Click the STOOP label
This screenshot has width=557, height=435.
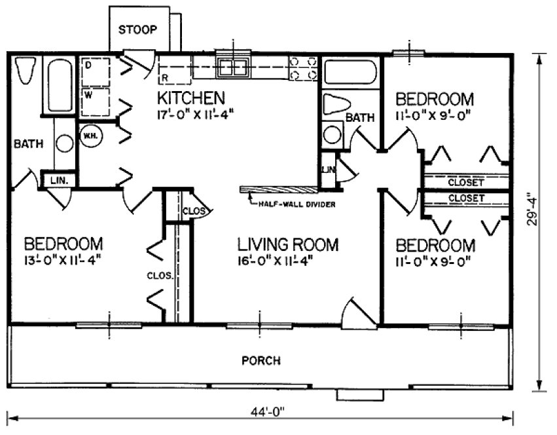pos(137,29)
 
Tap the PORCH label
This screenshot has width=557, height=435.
pos(261,360)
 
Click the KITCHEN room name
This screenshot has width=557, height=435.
pos(191,98)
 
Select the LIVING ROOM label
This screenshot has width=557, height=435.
pos(288,245)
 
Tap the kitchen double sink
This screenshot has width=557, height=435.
pos(234,66)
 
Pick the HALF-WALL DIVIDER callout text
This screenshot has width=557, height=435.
pos(298,204)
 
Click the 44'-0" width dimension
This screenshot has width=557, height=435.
pos(261,413)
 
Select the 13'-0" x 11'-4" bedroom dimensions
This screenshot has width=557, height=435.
pos(63,259)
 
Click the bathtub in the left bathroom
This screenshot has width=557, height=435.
pos(60,85)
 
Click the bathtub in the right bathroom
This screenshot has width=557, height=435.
pos(350,72)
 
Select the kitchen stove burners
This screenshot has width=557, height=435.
pos(303,68)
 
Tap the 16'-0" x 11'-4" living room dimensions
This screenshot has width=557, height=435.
pos(278,260)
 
